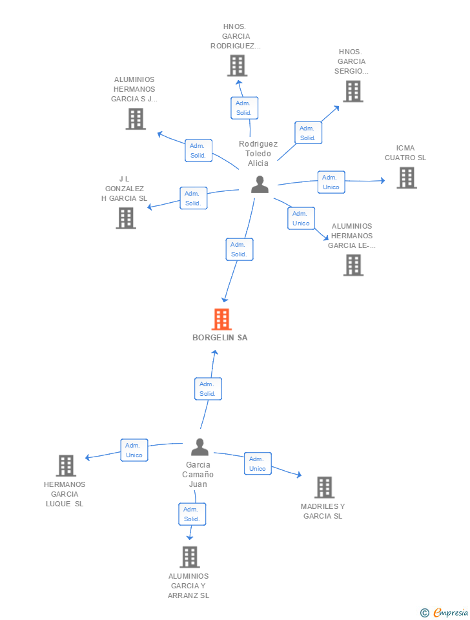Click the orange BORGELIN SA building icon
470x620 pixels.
click(221, 319)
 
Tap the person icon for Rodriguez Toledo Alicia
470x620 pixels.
click(260, 185)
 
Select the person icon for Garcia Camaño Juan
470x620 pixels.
click(200, 447)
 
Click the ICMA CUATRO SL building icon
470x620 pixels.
click(406, 178)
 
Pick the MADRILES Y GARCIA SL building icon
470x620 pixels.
click(324, 488)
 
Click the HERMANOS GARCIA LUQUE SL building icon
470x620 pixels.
click(66, 466)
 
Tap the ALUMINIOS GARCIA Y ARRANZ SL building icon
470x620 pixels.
click(189, 557)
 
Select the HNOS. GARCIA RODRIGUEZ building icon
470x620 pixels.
click(237, 65)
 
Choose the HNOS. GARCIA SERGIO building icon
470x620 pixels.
click(352, 91)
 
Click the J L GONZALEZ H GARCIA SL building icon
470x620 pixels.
click(126, 218)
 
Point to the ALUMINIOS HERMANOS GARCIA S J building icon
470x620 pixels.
click(135, 119)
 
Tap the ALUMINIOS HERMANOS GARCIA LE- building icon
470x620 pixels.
click(353, 265)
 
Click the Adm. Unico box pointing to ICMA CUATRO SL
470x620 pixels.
click(331, 182)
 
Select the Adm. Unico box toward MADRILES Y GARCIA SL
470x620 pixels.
click(258, 464)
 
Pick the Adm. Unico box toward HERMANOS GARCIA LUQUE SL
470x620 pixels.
click(134, 450)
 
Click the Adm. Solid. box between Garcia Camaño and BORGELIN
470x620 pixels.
click(208, 389)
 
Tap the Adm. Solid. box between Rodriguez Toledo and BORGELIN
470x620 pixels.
click(240, 249)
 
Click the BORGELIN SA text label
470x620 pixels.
click(220, 338)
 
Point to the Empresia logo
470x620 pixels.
click(445, 612)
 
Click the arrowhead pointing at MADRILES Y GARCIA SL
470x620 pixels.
click(299, 475)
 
